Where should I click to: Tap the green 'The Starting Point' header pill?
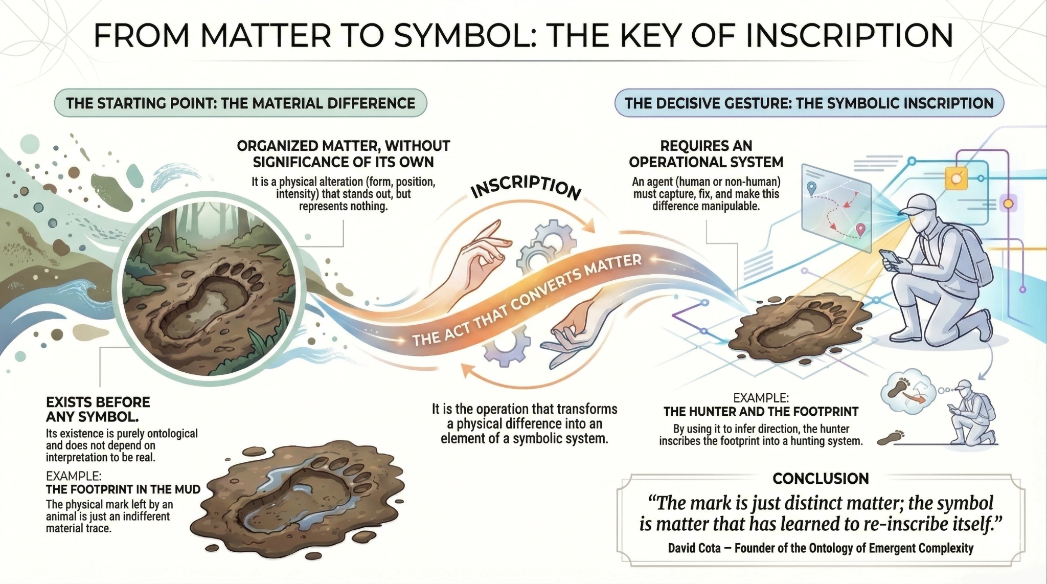click(x=240, y=103)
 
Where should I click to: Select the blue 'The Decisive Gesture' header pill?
click(x=809, y=103)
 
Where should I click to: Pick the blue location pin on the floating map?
click(x=811, y=188)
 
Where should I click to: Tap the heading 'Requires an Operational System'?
click(x=706, y=154)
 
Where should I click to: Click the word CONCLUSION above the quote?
click(x=821, y=479)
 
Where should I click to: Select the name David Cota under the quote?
click(x=694, y=548)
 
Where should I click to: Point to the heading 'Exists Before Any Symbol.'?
click(x=98, y=409)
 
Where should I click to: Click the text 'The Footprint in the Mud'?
click(x=123, y=489)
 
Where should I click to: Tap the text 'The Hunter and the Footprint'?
click(x=761, y=411)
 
